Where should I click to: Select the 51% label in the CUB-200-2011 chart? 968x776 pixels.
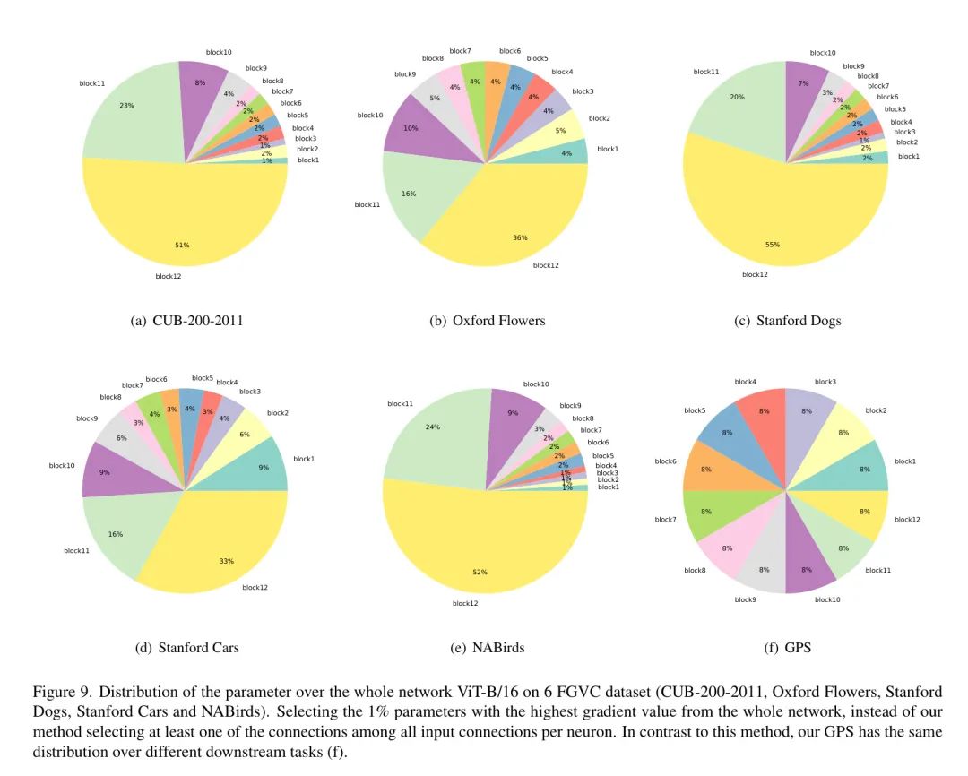[x=183, y=245]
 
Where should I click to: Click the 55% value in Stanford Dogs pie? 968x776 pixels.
[x=773, y=245]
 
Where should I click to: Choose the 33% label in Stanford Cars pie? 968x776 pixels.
[x=227, y=562]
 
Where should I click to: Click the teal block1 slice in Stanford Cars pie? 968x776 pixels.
[x=264, y=466]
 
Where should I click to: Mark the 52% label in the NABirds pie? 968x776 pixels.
[x=480, y=572]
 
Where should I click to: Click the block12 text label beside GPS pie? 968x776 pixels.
[x=907, y=520]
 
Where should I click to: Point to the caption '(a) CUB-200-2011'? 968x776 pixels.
[x=186, y=321]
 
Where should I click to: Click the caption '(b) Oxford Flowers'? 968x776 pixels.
[x=487, y=321]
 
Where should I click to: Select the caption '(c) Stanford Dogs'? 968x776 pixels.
[x=787, y=321]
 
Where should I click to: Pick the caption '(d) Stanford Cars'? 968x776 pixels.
[x=186, y=647]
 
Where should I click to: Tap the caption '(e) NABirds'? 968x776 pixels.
[x=487, y=647]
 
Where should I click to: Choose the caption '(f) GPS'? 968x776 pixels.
[x=787, y=647]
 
